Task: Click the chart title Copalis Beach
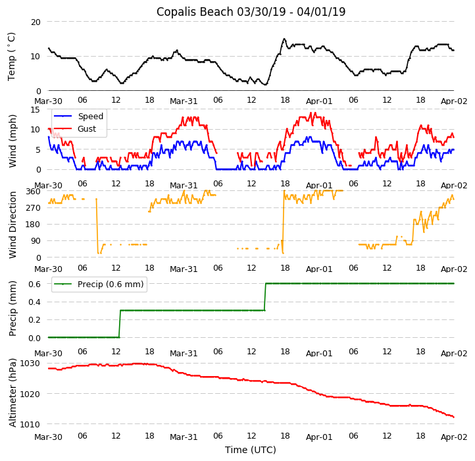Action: click(x=251, y=12)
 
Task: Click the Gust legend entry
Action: click(x=86, y=128)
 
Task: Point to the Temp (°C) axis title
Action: click(x=12, y=56)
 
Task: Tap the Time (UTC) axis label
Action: click(x=251, y=450)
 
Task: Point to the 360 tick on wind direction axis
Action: click(x=33, y=191)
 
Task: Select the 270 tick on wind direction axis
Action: click(x=33, y=207)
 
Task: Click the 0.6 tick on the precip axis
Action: click(x=34, y=283)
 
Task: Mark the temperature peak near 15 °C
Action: click(x=284, y=39)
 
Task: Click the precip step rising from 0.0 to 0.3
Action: click(x=119, y=323)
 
